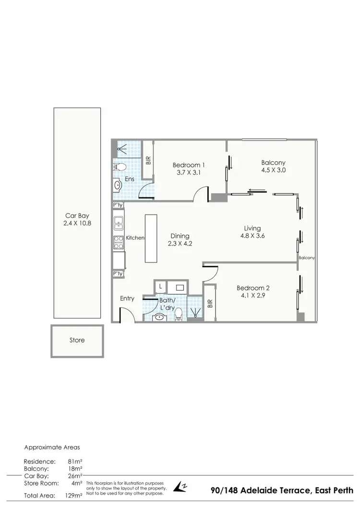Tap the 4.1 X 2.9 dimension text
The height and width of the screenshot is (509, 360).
coord(253,296)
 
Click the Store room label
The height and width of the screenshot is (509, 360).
coord(77,340)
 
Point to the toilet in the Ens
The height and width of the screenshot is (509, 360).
coord(120,167)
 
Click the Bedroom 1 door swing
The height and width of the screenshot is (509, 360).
coord(200,194)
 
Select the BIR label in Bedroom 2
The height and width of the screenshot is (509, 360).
coord(210,304)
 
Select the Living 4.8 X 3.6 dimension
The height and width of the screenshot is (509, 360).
coord(253,236)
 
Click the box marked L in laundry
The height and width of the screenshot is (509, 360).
coord(160,286)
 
